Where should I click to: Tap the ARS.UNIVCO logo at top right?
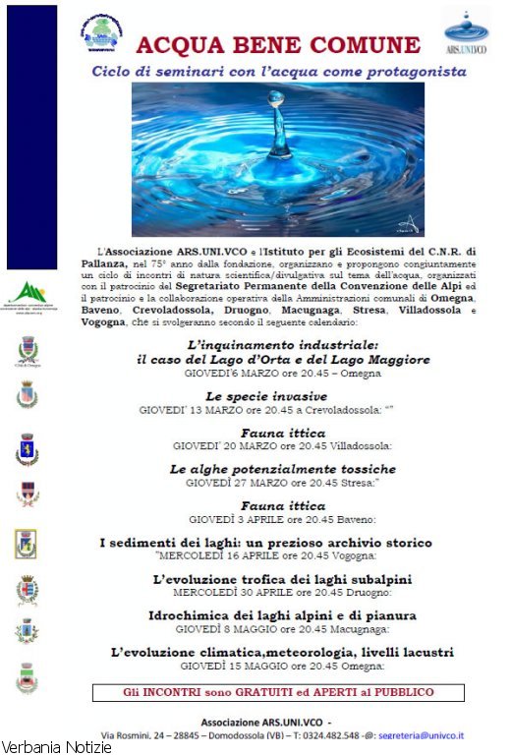[x=466, y=33]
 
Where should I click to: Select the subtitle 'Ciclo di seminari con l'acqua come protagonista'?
[x=278, y=72]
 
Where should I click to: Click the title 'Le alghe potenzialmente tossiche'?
[x=282, y=470]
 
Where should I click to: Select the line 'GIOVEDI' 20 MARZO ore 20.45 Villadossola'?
[x=282, y=445]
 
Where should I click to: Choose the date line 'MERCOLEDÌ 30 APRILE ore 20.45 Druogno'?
[x=282, y=593]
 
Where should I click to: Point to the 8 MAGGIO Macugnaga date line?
[x=282, y=629]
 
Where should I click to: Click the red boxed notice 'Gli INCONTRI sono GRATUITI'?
[x=278, y=692]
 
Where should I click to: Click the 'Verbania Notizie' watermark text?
[x=56, y=747]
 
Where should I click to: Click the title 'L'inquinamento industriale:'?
[x=281, y=347]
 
